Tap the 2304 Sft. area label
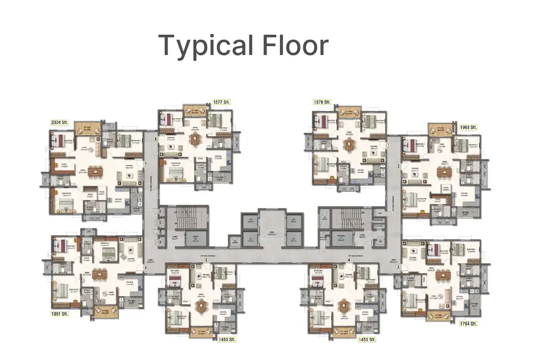[x=60, y=122]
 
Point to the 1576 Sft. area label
[x=322, y=102]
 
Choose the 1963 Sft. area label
[x=468, y=127]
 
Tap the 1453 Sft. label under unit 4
[x=367, y=339]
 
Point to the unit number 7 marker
[x=145, y=164]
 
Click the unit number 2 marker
[x=398, y=167]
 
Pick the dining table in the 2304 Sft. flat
[x=94, y=172]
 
